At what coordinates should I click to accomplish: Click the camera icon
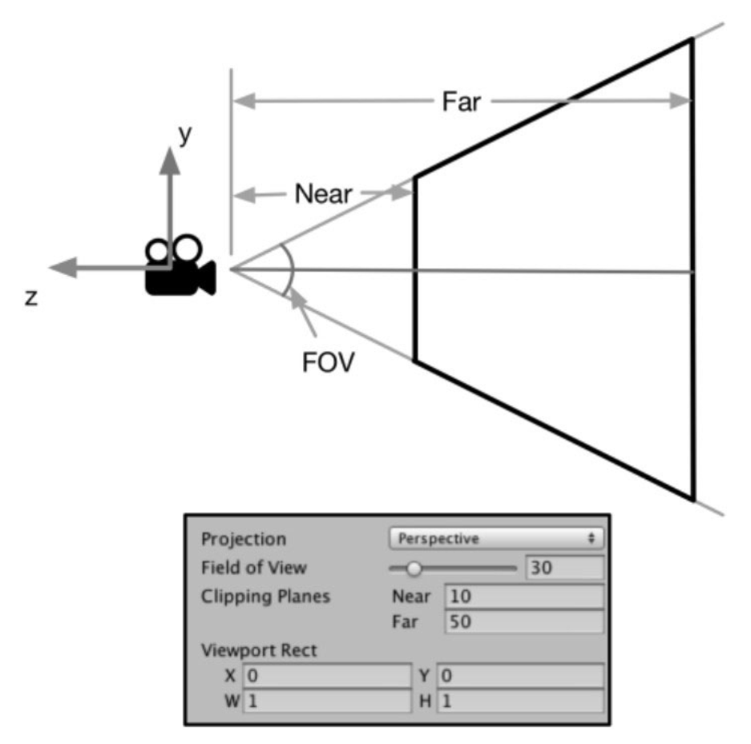click(180, 266)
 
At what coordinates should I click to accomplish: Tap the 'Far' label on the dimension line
click(461, 102)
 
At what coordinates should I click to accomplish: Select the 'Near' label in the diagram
click(323, 193)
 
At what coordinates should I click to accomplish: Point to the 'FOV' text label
click(328, 362)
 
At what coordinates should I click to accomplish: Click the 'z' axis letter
click(31, 297)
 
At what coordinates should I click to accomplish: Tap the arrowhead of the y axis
click(170, 161)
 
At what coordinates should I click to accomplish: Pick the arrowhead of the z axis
click(63, 267)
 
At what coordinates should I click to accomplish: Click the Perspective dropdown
click(495, 539)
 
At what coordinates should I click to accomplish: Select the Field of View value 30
click(564, 568)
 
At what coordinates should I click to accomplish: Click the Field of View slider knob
click(414, 568)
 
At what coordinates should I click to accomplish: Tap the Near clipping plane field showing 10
click(524, 596)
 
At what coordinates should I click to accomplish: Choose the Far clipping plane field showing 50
click(524, 622)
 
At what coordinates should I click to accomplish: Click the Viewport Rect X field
click(327, 676)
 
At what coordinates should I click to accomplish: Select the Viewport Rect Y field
click(520, 676)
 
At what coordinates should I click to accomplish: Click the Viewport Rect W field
click(327, 702)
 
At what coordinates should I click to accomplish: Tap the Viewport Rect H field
click(520, 702)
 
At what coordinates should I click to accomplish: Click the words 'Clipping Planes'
click(265, 597)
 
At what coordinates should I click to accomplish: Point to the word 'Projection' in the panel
click(244, 540)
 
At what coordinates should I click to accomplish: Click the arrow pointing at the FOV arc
click(303, 312)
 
